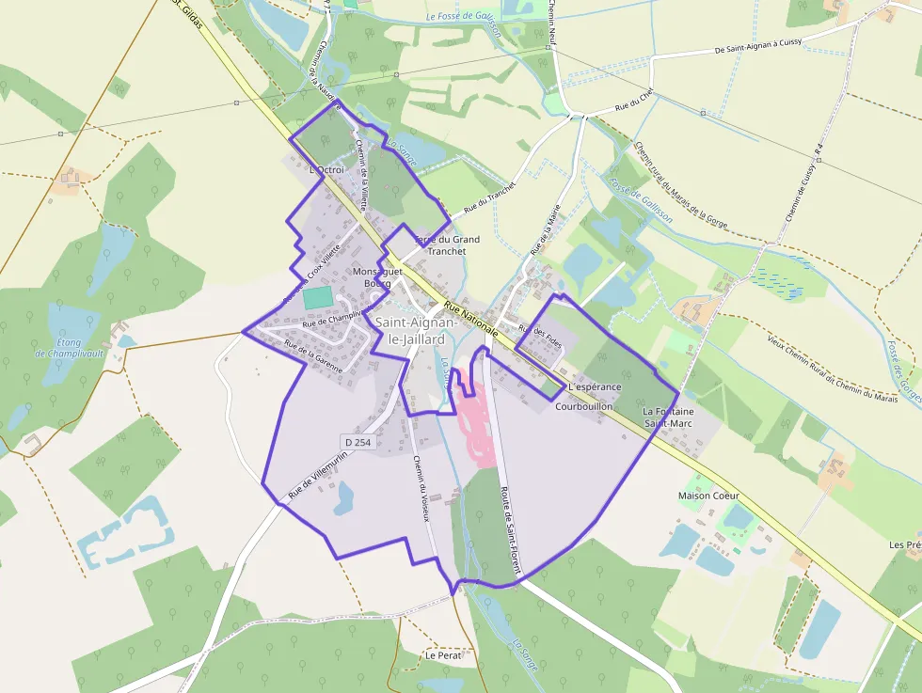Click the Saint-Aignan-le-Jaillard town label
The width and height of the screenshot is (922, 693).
[x=417, y=331]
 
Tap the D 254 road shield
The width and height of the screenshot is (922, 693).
[x=358, y=440]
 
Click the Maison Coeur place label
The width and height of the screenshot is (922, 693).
[x=708, y=496]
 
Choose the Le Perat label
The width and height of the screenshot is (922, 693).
[x=442, y=654]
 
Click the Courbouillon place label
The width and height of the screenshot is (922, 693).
[x=583, y=406]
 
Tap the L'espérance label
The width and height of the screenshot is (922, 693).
[x=595, y=386]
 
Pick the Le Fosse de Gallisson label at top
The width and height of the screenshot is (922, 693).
[x=465, y=17]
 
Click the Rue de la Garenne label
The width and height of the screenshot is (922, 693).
[x=313, y=357]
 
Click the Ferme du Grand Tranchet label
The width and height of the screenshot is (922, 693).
[x=447, y=245]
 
